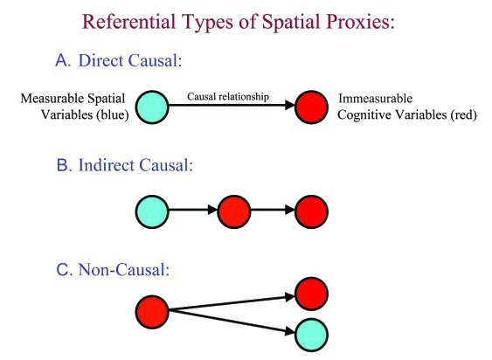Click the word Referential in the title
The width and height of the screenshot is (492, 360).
[129, 21]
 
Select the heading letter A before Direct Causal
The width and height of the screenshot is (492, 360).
[63, 60]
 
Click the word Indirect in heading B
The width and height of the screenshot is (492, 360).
[107, 165]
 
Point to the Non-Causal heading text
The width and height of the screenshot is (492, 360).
[123, 270]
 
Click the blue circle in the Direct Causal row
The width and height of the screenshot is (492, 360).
[152, 107]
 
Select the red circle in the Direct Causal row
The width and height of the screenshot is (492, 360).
[312, 107]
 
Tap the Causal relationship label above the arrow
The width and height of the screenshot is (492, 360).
[228, 97]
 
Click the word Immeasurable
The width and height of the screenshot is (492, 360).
[375, 99]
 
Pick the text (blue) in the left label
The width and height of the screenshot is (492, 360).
[113, 115]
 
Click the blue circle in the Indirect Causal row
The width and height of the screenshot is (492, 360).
[152, 211]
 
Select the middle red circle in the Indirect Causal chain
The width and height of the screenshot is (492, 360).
[234, 211]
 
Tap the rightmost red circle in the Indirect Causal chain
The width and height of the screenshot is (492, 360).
[312, 211]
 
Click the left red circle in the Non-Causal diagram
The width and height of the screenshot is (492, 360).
[152, 312]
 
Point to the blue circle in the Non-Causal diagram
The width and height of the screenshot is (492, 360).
[312, 335]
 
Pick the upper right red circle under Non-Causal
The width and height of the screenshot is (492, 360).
[312, 294]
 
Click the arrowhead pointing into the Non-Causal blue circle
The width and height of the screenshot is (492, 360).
[290, 331]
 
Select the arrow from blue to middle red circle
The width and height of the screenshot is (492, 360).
[193, 210]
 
